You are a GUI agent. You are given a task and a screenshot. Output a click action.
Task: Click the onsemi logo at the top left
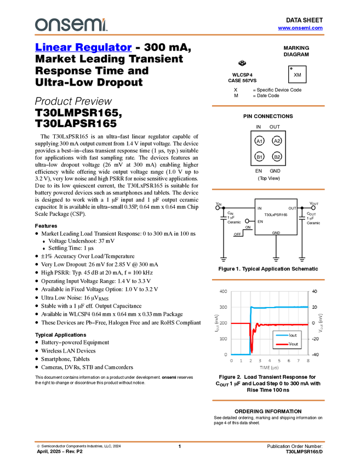point(71,24)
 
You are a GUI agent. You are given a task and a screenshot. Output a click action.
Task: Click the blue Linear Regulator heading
point(83,48)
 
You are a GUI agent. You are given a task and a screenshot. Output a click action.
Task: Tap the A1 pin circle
point(260,141)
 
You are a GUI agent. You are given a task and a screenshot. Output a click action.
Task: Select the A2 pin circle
point(277,141)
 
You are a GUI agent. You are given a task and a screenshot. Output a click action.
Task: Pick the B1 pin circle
point(260,157)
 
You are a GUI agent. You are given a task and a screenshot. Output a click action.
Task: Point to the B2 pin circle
point(277,157)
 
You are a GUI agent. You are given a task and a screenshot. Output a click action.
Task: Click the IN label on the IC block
point(259,209)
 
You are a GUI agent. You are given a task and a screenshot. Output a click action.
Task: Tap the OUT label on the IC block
point(292,209)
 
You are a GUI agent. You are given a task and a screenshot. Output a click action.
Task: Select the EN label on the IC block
point(260,221)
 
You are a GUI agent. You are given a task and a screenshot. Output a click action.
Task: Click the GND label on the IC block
point(276,233)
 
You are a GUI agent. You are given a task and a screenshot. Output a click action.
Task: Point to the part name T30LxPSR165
point(276,215)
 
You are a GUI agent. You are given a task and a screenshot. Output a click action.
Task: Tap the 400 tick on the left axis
point(223,292)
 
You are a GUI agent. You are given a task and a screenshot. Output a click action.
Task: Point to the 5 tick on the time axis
point(279,361)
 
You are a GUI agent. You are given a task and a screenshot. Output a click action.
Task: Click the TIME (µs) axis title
point(270,367)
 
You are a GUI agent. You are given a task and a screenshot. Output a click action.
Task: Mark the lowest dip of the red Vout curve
point(252,351)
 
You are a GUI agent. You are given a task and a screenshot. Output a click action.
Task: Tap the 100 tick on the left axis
point(223,339)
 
